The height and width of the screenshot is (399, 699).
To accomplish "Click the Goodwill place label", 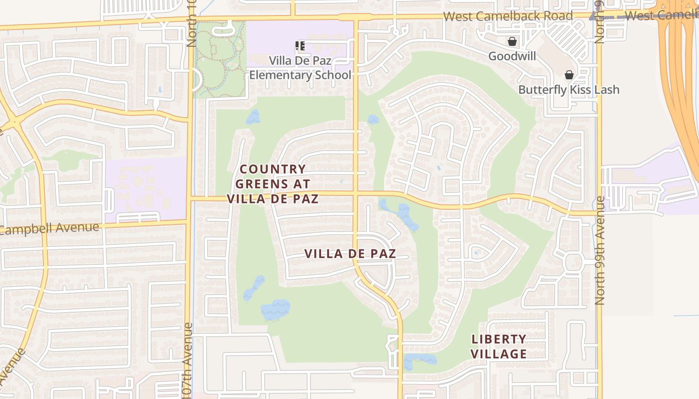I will (512, 56).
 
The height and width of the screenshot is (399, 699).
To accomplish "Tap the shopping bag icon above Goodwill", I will (512, 41).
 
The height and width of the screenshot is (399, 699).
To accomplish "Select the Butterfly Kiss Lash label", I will (568, 90).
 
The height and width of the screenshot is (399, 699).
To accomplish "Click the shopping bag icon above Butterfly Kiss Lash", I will (569, 75).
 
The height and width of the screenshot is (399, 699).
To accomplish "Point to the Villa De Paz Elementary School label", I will (300, 68).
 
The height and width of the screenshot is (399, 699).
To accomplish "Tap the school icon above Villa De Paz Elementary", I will (300, 46).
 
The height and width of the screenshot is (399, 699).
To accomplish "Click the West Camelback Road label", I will (508, 16).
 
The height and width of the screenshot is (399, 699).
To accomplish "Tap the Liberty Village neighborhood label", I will (499, 347).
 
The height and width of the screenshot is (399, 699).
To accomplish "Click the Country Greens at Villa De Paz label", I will (273, 184).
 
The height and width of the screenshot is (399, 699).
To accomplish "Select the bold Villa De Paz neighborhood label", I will (350, 253).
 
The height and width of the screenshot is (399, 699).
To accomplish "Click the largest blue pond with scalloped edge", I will (275, 310).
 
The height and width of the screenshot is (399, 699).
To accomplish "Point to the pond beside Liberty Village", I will (419, 360).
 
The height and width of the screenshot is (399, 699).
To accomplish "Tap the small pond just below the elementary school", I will (253, 117).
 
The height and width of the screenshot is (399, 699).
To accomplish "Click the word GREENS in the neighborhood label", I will (261, 184).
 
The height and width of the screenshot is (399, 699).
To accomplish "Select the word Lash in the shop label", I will (606, 90).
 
